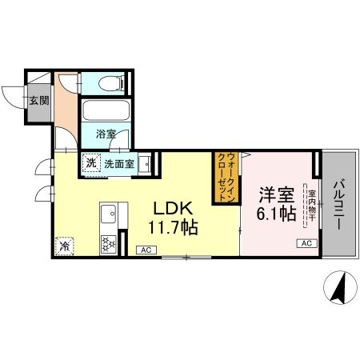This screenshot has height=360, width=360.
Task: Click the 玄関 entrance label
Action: (x=38, y=101)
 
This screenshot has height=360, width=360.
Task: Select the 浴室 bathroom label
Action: (x=107, y=134)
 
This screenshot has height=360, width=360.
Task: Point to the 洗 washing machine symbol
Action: (x=91, y=163)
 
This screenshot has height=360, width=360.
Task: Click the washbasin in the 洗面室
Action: (x=146, y=163)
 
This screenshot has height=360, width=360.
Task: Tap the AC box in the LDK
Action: (x=146, y=250)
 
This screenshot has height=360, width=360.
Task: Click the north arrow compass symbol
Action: (x=342, y=286)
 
